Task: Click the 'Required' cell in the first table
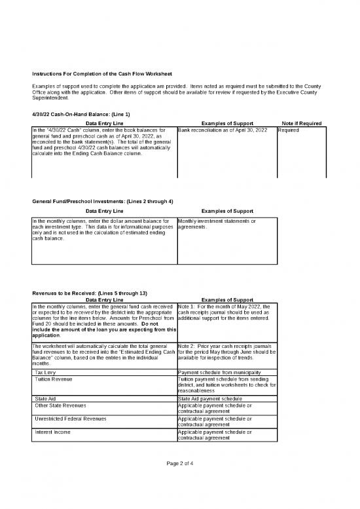tap(289, 130)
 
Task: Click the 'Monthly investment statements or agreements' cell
tap(217, 224)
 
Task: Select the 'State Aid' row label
tap(45, 398)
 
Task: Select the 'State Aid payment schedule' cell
tap(209, 398)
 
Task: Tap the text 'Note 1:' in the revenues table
tap(187, 305)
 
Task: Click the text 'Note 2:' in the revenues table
tap(187, 344)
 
